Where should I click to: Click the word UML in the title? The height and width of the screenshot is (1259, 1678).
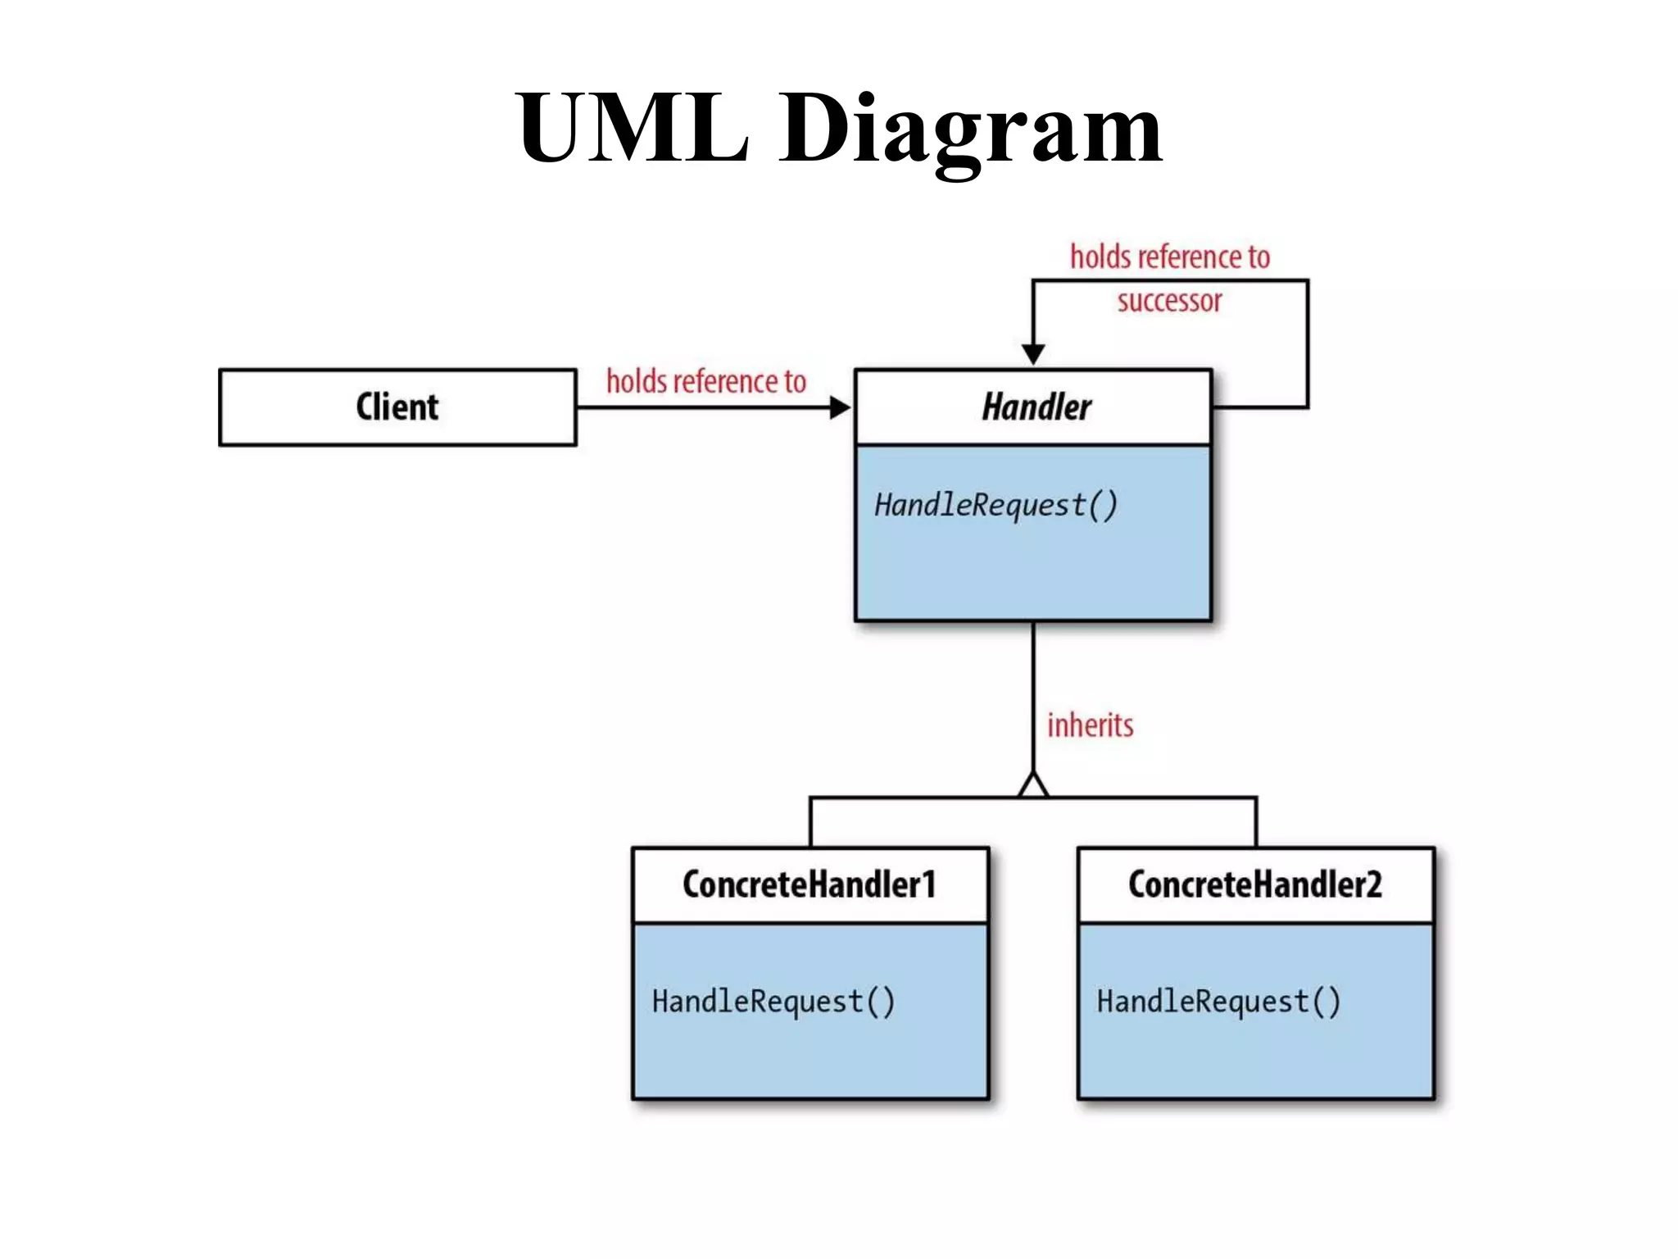[632, 127]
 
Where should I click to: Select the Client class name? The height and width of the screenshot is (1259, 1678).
[397, 407]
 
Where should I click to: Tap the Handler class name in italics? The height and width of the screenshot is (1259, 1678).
[1036, 407]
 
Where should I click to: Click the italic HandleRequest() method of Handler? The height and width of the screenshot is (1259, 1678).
[995, 506]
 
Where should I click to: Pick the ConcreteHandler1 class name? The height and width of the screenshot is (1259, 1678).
[809, 884]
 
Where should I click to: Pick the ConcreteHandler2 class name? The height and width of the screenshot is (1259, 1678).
[1254, 884]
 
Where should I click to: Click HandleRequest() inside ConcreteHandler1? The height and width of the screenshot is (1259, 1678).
[773, 1002]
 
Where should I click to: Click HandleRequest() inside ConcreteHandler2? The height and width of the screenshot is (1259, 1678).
[1218, 1002]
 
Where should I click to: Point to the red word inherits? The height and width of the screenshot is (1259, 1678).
[1090, 725]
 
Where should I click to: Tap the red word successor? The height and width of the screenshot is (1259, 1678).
[1169, 301]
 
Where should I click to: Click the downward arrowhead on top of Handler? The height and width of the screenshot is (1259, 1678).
[1033, 354]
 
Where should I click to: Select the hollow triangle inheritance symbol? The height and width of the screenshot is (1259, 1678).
[1033, 785]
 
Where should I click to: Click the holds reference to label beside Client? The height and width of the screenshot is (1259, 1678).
[706, 382]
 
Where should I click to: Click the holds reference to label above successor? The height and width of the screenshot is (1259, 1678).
[1170, 257]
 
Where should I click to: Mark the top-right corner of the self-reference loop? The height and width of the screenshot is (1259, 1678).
[1308, 281]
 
